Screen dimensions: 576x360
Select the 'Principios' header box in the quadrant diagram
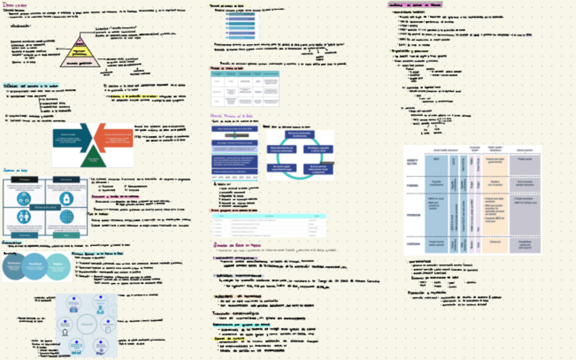click(23, 180)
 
